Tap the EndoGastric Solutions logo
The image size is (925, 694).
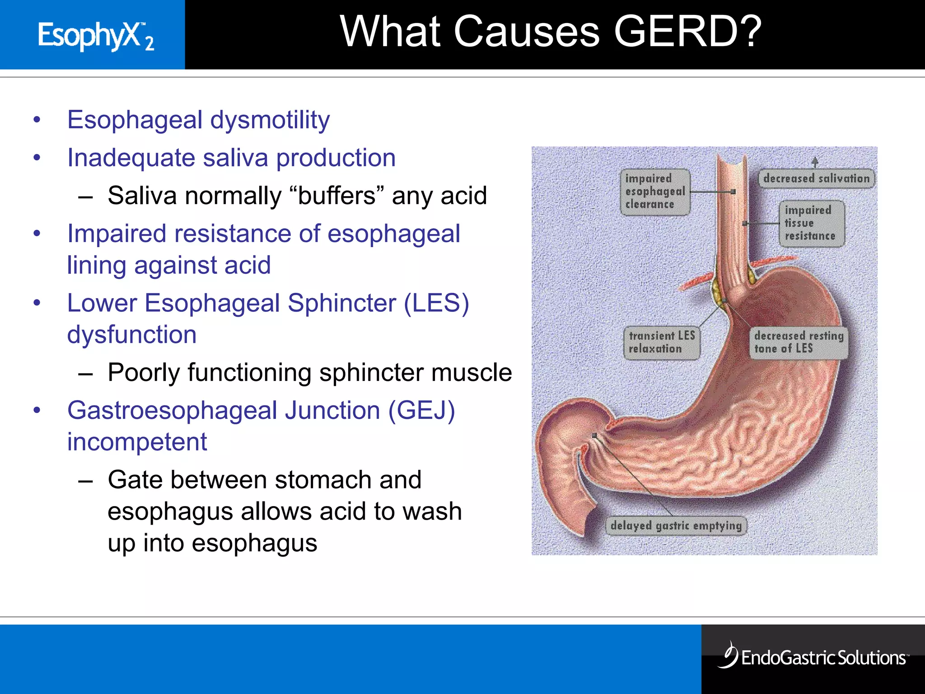(x=813, y=657)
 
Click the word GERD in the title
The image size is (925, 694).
(x=687, y=32)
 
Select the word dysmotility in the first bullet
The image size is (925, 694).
(x=270, y=120)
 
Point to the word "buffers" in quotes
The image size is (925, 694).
(x=336, y=196)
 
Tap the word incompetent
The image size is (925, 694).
(x=137, y=442)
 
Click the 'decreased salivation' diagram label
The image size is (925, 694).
(x=816, y=178)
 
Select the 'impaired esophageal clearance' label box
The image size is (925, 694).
(x=654, y=192)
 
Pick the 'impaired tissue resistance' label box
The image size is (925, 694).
(x=812, y=223)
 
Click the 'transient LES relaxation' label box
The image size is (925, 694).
(x=661, y=342)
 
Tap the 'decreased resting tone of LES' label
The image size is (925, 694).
(x=798, y=342)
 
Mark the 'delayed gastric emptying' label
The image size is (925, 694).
(x=676, y=525)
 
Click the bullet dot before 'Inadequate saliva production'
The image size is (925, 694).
(x=37, y=158)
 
